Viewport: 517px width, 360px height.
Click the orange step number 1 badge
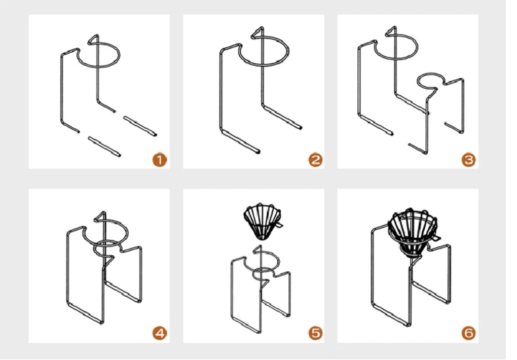click(159, 160)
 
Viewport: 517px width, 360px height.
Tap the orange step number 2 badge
click(316, 160)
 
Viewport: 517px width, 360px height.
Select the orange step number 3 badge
click(468, 160)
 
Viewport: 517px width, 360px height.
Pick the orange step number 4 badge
click(159, 333)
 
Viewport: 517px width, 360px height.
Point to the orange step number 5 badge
click(316, 333)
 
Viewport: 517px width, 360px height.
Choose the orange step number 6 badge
click(468, 333)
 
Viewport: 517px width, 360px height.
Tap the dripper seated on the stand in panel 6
click(413, 231)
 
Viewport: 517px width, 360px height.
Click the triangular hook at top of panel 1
click(94, 39)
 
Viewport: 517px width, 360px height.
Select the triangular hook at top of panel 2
click(258, 32)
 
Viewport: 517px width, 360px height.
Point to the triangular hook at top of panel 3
click(392, 31)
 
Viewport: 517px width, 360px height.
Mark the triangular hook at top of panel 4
click(100, 217)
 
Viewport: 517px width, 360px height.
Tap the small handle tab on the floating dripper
click(280, 225)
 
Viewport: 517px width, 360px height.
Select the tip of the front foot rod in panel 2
click(258, 152)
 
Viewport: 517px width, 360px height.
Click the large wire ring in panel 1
click(99, 66)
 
